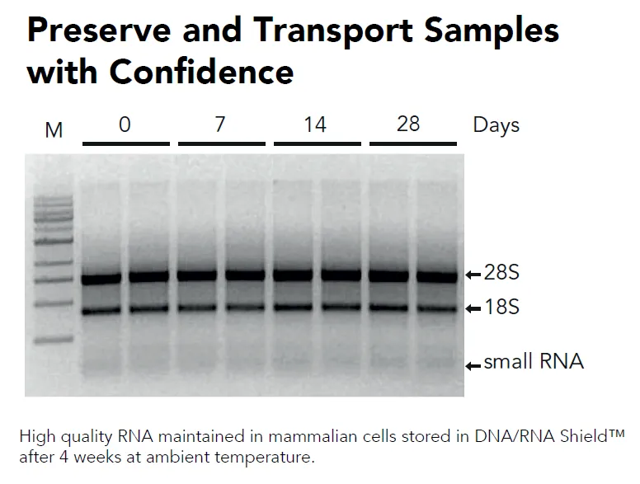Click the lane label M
point(54,129)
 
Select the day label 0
point(125,125)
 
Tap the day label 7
point(220,125)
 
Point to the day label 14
point(315,125)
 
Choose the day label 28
point(408,124)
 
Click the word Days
point(496,125)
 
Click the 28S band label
point(501,274)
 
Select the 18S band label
point(501,308)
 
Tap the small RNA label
point(533,362)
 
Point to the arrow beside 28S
point(473,275)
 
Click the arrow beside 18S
point(473,309)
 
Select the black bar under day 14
point(316,143)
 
